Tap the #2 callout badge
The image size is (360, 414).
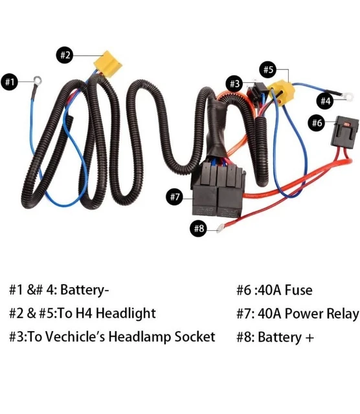pos(65,55)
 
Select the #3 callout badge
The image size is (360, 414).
pos(234,83)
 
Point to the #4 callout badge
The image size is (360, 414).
pos(326,101)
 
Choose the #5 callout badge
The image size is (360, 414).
pos(269,69)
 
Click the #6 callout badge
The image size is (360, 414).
pos(317,122)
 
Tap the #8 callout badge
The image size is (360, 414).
pos(199,228)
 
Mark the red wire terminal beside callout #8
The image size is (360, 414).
pos(223,226)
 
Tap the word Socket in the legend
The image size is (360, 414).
pos(192,337)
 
